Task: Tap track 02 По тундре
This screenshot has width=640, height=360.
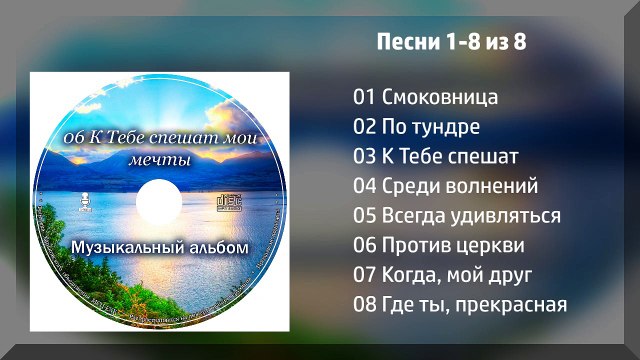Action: pyautogui.click(x=417, y=127)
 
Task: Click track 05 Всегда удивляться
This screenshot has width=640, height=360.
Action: pyautogui.click(x=457, y=216)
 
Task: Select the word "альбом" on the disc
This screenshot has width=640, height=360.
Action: pyautogui.click(x=213, y=246)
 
